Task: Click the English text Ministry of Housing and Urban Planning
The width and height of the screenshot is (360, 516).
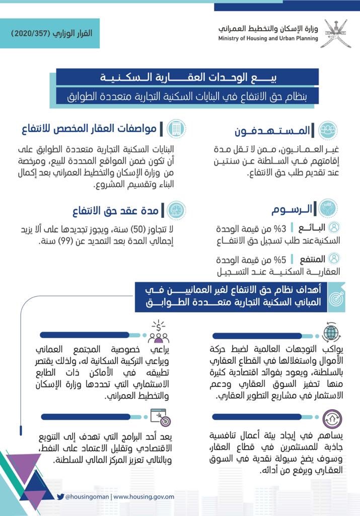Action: click(x=268, y=39)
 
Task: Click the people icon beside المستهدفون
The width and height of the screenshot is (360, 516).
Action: click(x=328, y=130)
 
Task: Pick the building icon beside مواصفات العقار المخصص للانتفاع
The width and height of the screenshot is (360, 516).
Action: click(x=176, y=128)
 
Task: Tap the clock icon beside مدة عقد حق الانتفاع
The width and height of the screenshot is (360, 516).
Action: click(x=176, y=210)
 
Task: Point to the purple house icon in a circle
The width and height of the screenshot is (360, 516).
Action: click(x=332, y=418)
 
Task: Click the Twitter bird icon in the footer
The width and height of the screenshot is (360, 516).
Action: click(x=60, y=496)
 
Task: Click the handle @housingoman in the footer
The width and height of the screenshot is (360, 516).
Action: click(x=88, y=497)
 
